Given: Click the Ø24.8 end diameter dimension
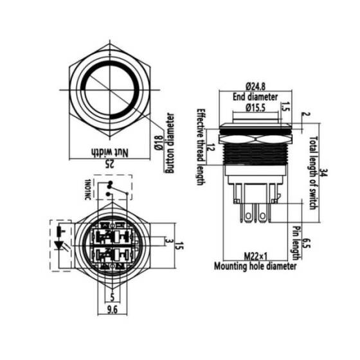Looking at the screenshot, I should point(255,86).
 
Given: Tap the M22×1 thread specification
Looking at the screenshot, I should point(255,256).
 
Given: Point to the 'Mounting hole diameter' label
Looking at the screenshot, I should point(255,265).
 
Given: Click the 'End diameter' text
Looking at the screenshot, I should point(255,97).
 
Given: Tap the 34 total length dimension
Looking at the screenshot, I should point(323,172).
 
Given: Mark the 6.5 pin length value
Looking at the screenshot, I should point(306,244).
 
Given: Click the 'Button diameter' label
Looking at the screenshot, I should point(170,144).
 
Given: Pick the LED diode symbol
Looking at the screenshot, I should point(62,246).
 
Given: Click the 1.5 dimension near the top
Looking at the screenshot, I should point(285,108).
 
